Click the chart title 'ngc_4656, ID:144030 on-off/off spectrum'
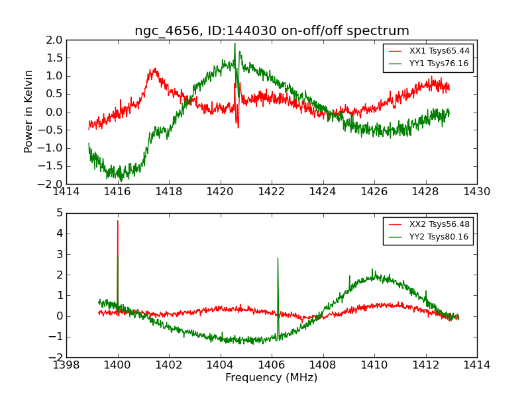point(272,31)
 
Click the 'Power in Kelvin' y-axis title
point(29,111)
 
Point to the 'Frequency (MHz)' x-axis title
point(272,378)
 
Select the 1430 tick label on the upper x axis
point(477,192)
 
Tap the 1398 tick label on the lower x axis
point(66,365)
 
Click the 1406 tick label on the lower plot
point(272,365)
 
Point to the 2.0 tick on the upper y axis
point(54,40)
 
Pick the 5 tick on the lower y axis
point(60,213)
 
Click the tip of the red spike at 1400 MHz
point(118,221)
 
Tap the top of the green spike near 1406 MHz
point(278,258)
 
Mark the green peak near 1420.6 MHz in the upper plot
point(235,44)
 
